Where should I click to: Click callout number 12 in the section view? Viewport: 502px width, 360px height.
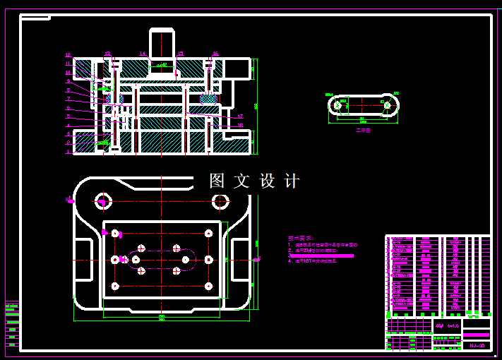[x=68, y=54]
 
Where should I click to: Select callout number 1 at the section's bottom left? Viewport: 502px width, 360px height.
[x=68, y=151]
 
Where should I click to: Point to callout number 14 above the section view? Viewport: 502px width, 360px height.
[x=142, y=54]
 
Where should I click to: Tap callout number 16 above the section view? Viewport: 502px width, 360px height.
[x=215, y=54]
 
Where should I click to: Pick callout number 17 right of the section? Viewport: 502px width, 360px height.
[x=240, y=116]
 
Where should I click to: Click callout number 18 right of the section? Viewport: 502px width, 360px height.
[x=240, y=126]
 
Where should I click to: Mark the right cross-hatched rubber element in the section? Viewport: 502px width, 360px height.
[x=208, y=99]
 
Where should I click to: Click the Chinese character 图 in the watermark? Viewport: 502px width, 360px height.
[x=217, y=181]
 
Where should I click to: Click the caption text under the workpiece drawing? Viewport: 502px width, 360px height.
[x=363, y=130]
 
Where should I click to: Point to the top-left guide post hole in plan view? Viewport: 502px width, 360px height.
[x=104, y=201]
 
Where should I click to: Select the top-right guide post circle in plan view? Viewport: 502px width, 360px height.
[x=220, y=202]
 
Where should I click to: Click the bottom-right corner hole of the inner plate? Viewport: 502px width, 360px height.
[x=208, y=286]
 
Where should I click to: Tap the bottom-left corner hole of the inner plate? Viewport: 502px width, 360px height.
[x=115, y=286]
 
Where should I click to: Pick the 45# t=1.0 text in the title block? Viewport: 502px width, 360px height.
[x=447, y=325]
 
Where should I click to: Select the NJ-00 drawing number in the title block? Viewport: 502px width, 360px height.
[x=477, y=345]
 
